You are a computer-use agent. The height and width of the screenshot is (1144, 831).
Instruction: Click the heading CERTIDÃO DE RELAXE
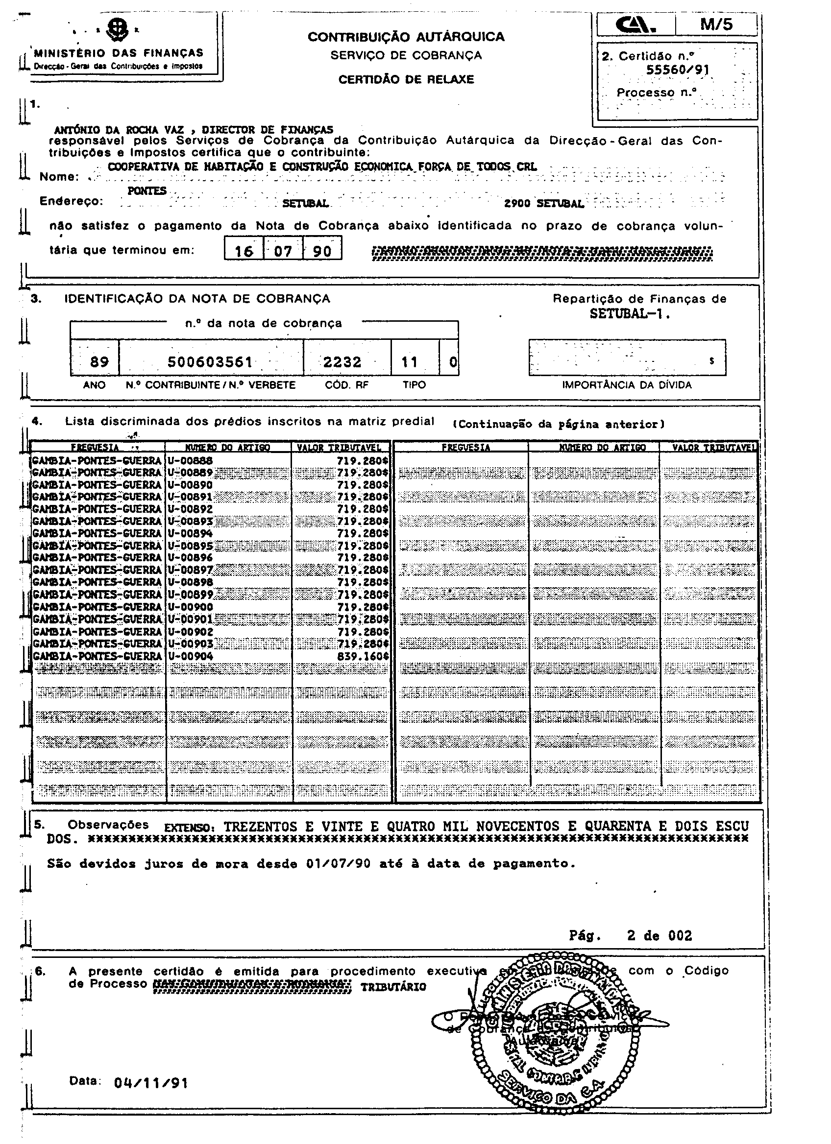[406, 79]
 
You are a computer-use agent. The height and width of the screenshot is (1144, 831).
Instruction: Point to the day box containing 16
[244, 251]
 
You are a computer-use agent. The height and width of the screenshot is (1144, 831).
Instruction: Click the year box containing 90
[322, 251]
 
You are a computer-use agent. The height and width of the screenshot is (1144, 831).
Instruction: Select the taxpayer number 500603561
[210, 361]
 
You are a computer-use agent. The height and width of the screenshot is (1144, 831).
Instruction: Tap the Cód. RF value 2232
[342, 361]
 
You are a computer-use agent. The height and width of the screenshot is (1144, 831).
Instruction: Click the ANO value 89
[99, 361]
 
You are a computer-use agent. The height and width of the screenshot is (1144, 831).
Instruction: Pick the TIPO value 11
[409, 361]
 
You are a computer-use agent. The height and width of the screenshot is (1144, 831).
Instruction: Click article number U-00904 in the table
[190, 656]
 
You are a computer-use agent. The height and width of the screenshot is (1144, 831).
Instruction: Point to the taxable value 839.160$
[363, 656]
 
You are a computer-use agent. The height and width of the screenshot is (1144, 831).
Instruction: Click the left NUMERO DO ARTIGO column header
[227, 448]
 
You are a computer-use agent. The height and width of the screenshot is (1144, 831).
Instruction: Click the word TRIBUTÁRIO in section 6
[393, 987]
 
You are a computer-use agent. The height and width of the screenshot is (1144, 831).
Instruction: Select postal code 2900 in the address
[517, 204]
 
